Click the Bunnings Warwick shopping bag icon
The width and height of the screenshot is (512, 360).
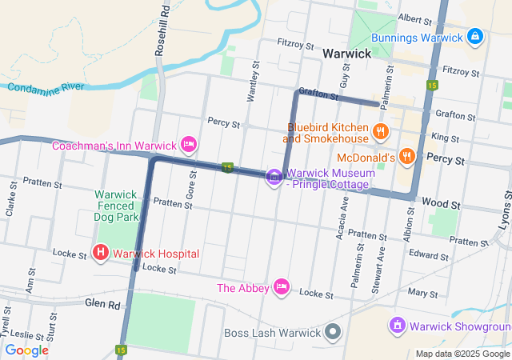click(x=475, y=37)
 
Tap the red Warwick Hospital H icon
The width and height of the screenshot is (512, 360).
click(x=102, y=254)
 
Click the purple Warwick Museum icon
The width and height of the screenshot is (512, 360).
click(x=274, y=177)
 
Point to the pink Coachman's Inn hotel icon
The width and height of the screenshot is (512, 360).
click(x=189, y=145)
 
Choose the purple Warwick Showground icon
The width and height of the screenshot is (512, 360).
click(x=398, y=326)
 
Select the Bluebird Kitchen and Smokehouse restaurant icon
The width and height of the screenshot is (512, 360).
click(x=380, y=131)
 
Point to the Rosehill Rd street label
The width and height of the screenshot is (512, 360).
click(x=164, y=29)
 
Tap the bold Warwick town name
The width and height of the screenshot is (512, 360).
click(x=346, y=54)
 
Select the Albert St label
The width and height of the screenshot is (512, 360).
click(x=415, y=18)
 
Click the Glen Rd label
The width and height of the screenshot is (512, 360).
click(x=102, y=304)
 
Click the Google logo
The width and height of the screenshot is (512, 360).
click(x=27, y=350)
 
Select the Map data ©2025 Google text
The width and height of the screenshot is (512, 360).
click(x=462, y=354)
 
